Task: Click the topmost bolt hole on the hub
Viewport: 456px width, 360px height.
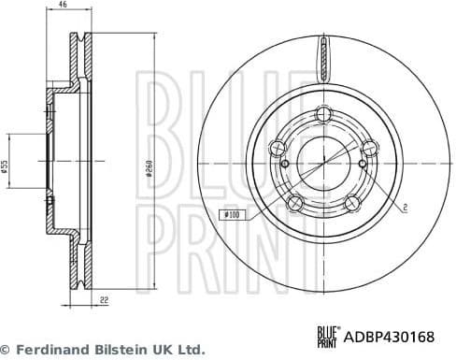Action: tap(323, 114)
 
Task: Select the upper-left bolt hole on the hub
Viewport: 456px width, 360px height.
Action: tap(277, 146)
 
